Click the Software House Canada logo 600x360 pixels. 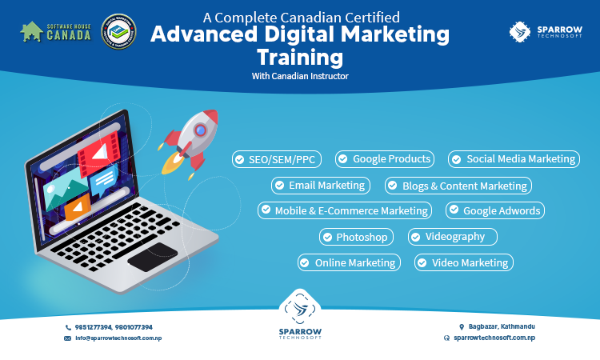(x=55, y=32)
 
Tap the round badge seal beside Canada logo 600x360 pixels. (x=119, y=32)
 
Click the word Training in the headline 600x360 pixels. (x=300, y=58)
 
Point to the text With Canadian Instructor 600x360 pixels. (x=300, y=77)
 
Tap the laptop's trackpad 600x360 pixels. (x=153, y=255)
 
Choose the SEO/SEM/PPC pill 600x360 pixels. (x=277, y=159)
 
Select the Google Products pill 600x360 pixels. (x=385, y=158)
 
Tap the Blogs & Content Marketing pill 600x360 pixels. (x=458, y=186)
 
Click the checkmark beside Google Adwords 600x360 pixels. (x=454, y=210)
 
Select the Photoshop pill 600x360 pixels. (x=357, y=237)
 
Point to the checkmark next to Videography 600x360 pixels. (x=416, y=236)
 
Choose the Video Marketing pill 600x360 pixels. (x=463, y=262)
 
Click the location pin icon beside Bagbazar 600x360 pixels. (x=462, y=327)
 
